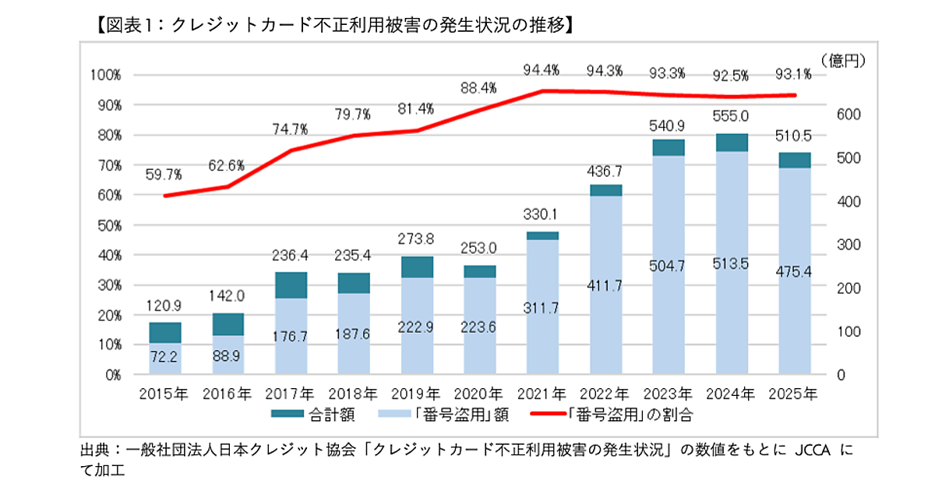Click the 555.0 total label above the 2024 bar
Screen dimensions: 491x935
pos(731,116)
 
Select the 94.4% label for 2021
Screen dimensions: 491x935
pos(541,71)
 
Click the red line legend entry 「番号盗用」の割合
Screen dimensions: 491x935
pos(611,415)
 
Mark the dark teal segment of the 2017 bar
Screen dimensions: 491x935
pos(291,285)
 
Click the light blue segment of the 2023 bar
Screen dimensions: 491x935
pos(668,265)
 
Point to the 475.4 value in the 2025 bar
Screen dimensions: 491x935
pos(794,270)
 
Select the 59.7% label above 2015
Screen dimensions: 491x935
pos(164,175)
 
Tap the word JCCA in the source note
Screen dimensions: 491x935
pos(814,451)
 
